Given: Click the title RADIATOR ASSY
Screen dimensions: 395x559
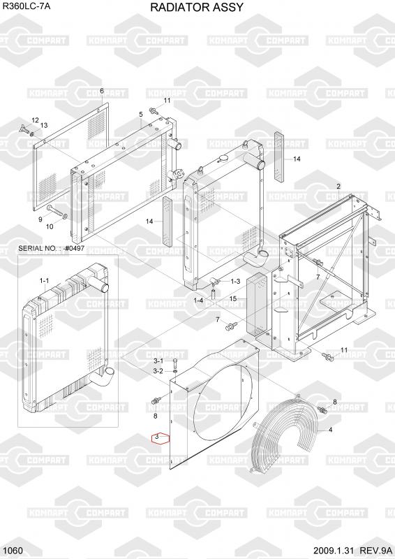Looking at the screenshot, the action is pos(197,7).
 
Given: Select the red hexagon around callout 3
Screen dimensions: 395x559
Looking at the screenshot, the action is pos(160,438).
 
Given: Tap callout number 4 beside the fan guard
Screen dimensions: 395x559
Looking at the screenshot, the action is pos(330,430).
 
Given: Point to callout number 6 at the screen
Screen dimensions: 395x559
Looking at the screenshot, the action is pos(101,92).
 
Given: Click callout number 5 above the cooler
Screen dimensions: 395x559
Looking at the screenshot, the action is pos(141,115).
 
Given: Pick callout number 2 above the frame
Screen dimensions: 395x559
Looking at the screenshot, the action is pos(338,186).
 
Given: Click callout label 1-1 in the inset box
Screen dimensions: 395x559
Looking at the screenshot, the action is pos(44,281).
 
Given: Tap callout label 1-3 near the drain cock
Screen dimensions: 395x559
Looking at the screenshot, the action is pos(235,282).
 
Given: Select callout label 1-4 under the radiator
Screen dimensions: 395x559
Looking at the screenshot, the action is pos(198,300).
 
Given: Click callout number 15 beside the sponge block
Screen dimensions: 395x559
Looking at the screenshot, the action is pos(233,298).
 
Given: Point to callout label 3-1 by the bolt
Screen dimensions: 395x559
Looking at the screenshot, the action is pos(158,361).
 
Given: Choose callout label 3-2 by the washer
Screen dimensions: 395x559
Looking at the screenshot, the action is pos(158,371).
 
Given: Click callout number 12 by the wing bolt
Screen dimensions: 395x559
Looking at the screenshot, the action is pos(35,120).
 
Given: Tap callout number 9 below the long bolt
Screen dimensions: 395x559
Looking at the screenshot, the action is pos(40,219).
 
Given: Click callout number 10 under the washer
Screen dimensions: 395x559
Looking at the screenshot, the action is pos(50,226).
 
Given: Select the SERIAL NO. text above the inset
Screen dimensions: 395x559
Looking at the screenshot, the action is pos(51,248).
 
